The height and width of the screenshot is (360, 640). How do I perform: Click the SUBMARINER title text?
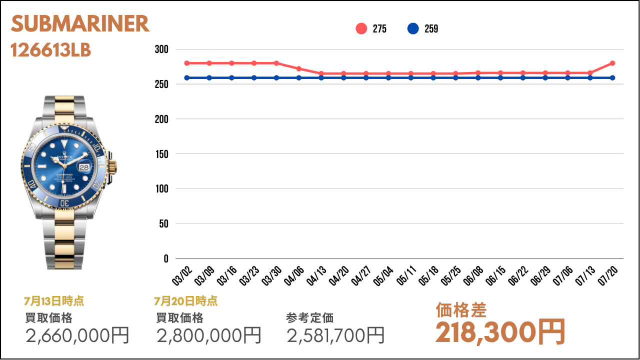[80, 24]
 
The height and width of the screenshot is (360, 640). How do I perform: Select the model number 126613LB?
[51, 50]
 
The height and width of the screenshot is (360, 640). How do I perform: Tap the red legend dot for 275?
[361, 29]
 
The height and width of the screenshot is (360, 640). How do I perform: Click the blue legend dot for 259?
[413, 29]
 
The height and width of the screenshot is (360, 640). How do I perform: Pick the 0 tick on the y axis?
[165, 258]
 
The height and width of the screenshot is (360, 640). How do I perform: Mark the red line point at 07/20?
[612, 63]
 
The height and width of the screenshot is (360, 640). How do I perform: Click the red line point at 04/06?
[299, 68]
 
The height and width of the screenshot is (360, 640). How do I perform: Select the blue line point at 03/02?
[187, 77]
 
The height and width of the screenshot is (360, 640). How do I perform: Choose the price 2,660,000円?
[77, 335]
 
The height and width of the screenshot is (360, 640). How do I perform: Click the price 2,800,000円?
[209, 335]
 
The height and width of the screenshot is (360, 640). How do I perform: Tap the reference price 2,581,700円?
[336, 335]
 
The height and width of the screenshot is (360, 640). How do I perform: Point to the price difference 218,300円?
[500, 331]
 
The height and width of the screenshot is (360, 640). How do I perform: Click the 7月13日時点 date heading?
[54, 301]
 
